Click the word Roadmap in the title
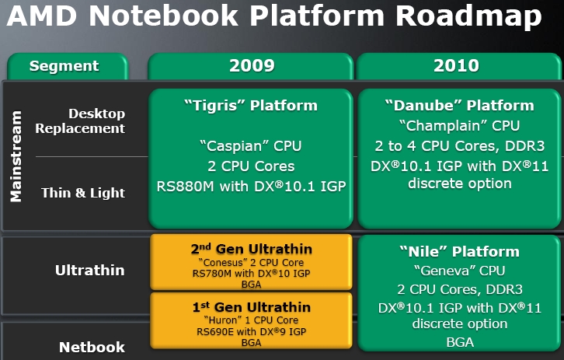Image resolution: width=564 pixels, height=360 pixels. click(468, 16)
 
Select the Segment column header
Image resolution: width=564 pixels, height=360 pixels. click(64, 66)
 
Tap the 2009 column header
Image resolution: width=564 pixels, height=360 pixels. click(252, 66)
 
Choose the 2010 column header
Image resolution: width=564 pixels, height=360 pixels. click(456, 66)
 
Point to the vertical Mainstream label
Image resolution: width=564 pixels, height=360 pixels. click(16, 156)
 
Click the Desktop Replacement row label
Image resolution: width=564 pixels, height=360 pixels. click(80, 121)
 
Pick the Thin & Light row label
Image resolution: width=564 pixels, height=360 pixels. click(83, 193)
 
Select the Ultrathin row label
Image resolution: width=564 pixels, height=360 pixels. click(89, 271)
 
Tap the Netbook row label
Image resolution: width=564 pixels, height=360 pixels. click(92, 348)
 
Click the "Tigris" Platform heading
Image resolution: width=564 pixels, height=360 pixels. click(251, 106)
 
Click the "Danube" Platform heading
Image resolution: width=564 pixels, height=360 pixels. click(459, 106)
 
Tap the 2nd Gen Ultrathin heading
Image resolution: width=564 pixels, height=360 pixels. click(252, 249)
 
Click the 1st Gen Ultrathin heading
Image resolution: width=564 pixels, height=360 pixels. click(252, 307)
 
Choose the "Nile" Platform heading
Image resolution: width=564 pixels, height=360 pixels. click(459, 252)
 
